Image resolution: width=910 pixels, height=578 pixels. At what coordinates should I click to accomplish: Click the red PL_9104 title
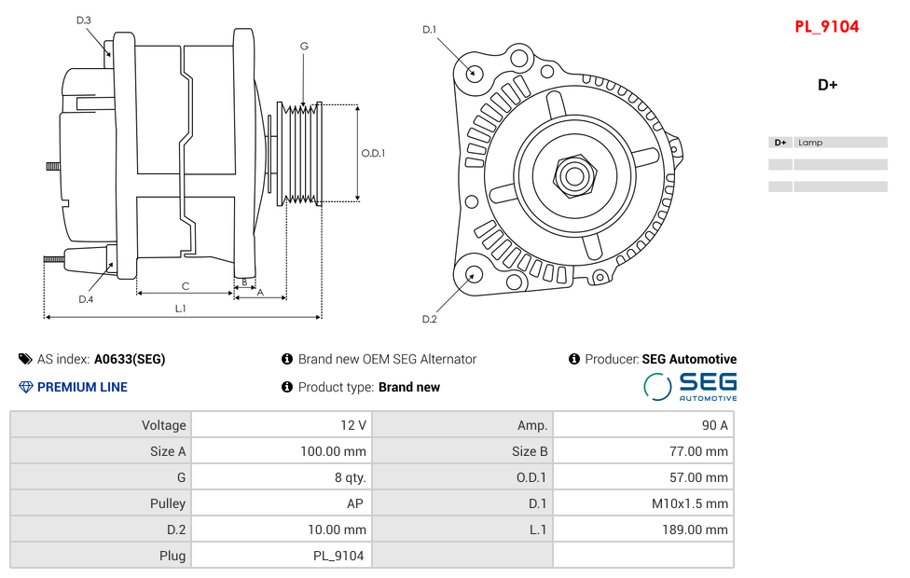826,27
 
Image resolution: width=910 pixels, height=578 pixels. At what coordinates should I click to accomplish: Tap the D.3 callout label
84,20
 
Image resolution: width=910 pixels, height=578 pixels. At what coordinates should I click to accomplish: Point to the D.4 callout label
86,299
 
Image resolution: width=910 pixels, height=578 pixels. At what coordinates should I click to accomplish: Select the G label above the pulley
304,46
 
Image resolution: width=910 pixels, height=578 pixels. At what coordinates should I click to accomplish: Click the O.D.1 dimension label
373,154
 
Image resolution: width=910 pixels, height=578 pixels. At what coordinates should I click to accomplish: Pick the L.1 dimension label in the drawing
180,308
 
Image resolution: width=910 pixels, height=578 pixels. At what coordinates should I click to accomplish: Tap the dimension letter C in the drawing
186,286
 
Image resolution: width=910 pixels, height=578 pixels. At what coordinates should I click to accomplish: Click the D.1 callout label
429,30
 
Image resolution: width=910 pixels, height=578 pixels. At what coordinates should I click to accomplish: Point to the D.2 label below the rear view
429,320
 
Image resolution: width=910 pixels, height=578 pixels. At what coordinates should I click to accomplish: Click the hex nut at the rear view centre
574,174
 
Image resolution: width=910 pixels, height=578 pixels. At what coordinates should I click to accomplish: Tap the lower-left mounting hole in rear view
473,274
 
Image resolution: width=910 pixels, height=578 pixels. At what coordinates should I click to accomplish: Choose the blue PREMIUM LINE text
82,387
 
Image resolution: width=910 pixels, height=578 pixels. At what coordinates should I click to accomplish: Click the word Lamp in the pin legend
810,143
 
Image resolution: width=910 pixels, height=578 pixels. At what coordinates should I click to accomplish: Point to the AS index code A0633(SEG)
130,359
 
